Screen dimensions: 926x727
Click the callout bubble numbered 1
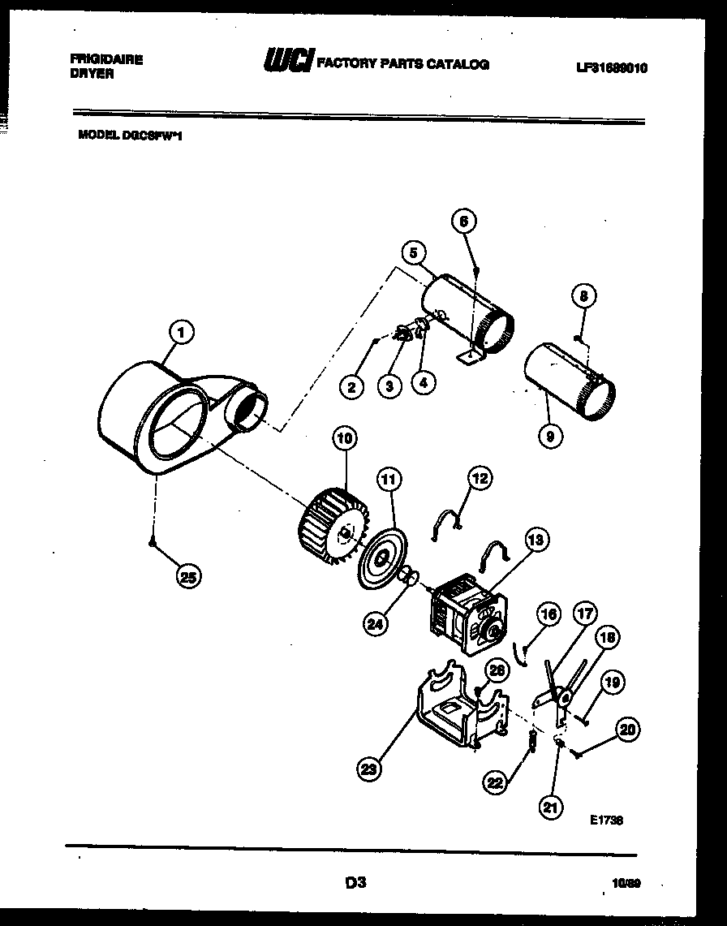182,331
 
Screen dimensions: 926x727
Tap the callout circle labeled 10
344,439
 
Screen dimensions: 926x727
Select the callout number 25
188,577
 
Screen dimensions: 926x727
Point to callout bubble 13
536,538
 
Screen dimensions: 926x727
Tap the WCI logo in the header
287,62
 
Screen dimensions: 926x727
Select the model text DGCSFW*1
130,137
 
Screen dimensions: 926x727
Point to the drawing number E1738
606,820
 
